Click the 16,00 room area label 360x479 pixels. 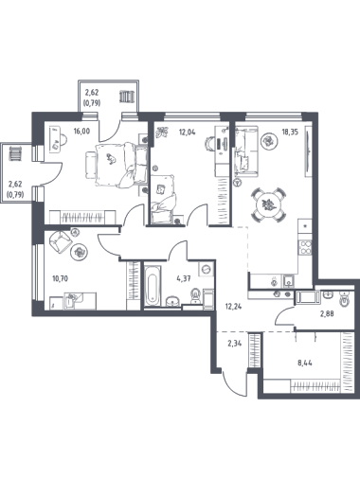point(81,131)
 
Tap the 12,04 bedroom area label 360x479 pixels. point(187,132)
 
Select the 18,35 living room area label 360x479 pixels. point(290,132)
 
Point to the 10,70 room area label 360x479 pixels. point(60,278)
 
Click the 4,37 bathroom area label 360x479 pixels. point(184,278)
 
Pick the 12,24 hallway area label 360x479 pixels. point(233,306)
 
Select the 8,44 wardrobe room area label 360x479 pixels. point(305,363)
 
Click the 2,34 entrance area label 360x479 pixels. point(234,343)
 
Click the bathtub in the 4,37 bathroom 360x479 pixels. point(153,286)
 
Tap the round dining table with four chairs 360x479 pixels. point(269,204)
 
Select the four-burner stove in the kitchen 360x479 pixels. point(305,247)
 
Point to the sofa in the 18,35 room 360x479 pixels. point(246,151)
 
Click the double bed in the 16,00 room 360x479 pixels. point(122,164)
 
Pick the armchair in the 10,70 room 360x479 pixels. point(60,241)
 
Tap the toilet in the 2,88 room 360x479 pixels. point(344,299)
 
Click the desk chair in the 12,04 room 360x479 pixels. point(208,144)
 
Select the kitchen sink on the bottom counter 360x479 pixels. point(289,280)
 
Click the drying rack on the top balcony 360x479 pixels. point(128,97)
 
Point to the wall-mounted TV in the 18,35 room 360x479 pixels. point(308,154)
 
